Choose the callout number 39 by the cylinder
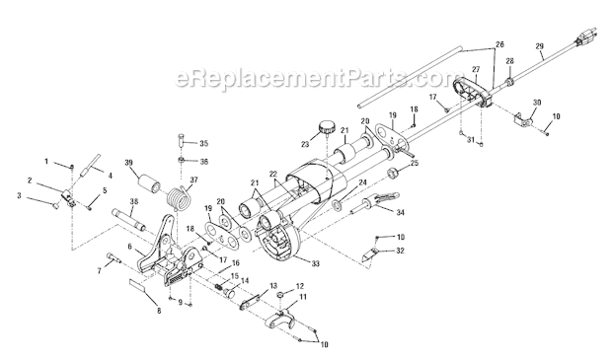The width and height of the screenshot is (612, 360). tap(129, 164)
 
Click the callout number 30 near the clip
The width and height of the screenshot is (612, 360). tap(538, 103)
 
